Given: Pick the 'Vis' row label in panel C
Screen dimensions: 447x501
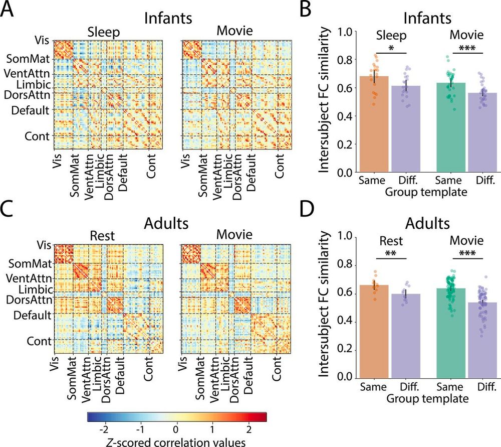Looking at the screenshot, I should (44, 244).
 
